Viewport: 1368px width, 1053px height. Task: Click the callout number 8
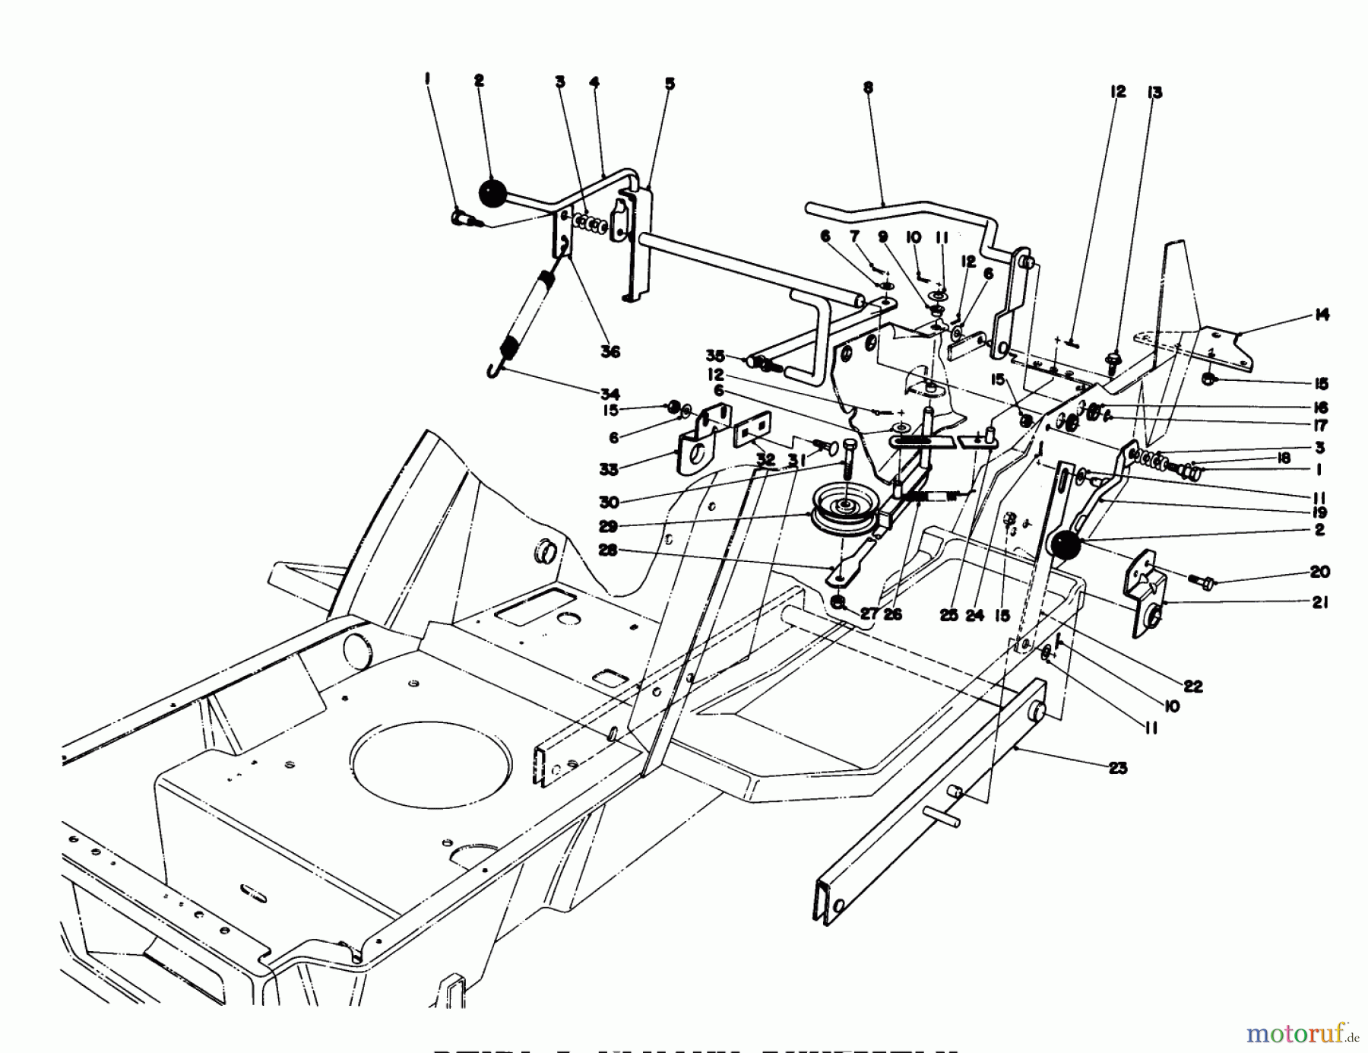click(868, 88)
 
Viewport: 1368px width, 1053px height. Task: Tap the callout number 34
click(610, 394)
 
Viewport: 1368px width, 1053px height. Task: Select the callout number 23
click(1117, 768)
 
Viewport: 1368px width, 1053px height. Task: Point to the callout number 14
click(1322, 315)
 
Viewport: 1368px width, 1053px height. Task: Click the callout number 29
click(608, 526)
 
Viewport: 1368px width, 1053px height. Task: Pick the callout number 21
click(1320, 602)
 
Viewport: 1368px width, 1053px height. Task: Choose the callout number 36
click(610, 351)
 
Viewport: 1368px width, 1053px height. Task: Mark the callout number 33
click(609, 469)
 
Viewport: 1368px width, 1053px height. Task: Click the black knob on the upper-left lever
click(492, 192)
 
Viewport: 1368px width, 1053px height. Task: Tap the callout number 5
click(670, 84)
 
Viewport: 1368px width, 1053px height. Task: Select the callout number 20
click(1319, 572)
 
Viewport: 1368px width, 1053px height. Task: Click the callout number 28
click(608, 550)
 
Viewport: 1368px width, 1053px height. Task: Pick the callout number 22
click(1192, 686)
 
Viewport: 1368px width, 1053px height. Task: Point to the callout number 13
click(1154, 93)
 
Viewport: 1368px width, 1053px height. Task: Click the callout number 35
click(715, 355)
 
